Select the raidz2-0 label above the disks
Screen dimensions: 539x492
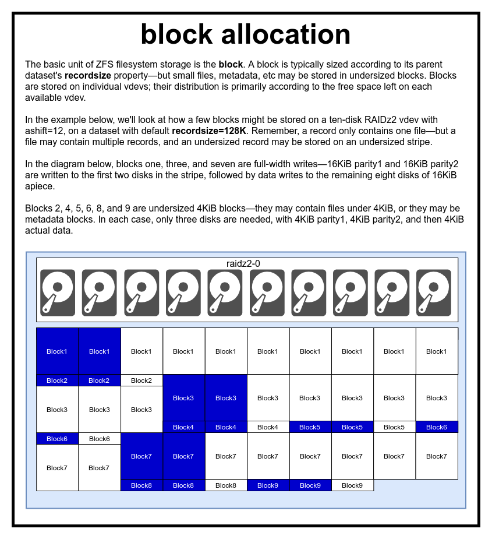click(x=243, y=263)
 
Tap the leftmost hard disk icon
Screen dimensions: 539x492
click(x=58, y=293)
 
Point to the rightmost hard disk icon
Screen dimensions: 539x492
click(x=434, y=293)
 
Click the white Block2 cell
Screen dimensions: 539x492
click(x=141, y=381)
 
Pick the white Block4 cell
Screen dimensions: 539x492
click(x=267, y=427)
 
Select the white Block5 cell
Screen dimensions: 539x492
click(x=394, y=427)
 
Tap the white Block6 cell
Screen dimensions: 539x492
click(x=100, y=439)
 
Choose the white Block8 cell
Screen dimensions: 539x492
click(x=225, y=485)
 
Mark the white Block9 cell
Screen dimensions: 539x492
click(x=352, y=485)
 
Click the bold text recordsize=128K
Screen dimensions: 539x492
click(x=209, y=130)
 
